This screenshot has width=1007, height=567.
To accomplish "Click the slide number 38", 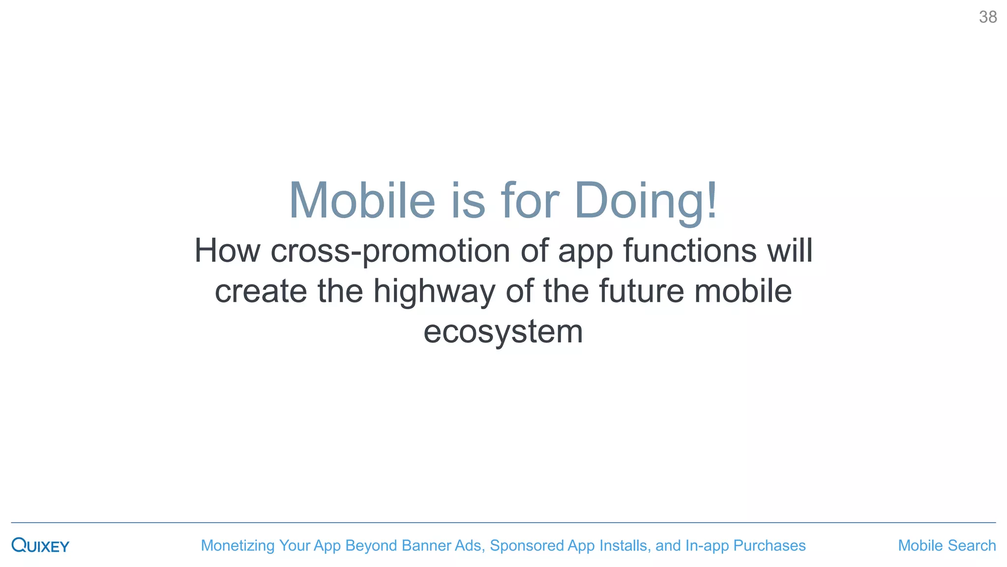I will pos(987,17).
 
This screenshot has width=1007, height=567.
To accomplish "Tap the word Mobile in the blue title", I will pos(362,200).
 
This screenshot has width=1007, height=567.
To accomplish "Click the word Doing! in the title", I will pos(646,200).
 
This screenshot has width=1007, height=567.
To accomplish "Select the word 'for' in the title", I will pos(530,200).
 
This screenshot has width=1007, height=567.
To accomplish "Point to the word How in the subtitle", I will pos(227,251).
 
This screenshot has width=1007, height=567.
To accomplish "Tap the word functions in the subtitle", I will pos(690,251).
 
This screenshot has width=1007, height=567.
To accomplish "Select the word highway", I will pos(434,291).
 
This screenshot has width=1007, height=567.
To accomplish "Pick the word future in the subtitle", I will pos(641,291).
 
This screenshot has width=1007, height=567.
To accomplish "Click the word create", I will pos(261,291).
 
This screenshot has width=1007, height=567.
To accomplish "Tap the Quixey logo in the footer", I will pos(40,545).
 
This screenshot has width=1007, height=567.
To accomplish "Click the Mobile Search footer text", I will pos(947,545).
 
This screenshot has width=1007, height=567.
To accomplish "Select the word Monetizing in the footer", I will pos(237,545).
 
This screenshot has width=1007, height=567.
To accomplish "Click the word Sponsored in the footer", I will pos(527,545).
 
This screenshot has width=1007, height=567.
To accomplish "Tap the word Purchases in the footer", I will pos(769,545).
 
